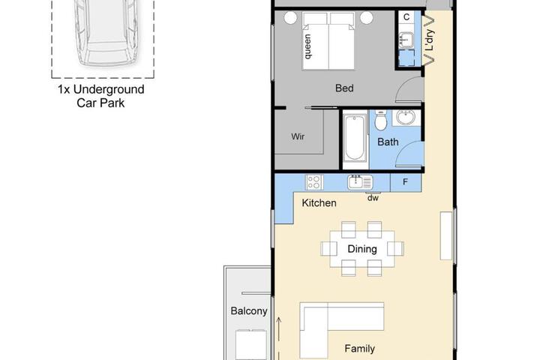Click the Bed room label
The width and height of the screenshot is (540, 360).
pos(344,88)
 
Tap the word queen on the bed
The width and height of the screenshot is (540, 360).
pos(307,46)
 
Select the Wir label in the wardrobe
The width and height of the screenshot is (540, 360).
pos(298,136)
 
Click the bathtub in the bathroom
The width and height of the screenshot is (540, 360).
pos(355,138)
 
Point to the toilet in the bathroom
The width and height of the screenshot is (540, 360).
pos(380,120)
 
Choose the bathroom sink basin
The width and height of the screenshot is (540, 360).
pos(406,117)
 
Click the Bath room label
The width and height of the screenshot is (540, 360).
pos(388,142)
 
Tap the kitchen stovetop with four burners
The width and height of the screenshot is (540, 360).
pos(314,182)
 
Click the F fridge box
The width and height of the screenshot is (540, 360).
pos(405,182)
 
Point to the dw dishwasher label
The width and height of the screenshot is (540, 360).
pos(373,198)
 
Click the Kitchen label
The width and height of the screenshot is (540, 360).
pos(319,203)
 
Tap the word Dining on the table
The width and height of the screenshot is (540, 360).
pos(362,249)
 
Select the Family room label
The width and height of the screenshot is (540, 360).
pos(359,349)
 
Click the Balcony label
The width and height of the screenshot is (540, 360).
pos(249,311)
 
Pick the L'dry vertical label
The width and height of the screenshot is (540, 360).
pos(430,40)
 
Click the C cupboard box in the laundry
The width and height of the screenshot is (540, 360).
pos(406,17)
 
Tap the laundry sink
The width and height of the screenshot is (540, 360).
pos(406,39)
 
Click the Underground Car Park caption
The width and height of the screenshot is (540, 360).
pos(100,96)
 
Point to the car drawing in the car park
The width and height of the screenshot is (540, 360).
pos(106,33)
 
